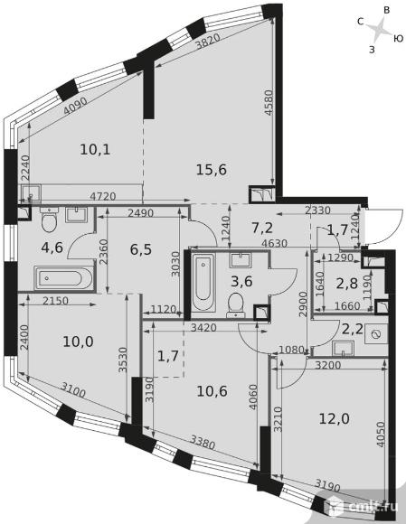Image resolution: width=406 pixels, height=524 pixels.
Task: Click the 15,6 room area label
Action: (x=212, y=170)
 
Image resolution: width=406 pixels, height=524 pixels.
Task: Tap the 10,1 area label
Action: (x=95, y=150)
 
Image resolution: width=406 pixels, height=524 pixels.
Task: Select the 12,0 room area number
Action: (x=334, y=418)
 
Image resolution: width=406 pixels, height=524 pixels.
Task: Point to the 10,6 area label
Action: (x=212, y=391)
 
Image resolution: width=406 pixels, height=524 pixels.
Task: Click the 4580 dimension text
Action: (x=269, y=102)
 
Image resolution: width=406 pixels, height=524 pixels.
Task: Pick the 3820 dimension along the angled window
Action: (x=207, y=42)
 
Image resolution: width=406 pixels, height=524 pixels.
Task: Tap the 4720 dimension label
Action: (x=103, y=196)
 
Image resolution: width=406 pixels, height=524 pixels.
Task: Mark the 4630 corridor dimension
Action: (x=274, y=244)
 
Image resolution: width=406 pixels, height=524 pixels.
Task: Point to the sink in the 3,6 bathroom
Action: (x=241, y=260)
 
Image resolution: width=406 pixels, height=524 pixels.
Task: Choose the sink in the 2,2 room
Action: (x=343, y=348)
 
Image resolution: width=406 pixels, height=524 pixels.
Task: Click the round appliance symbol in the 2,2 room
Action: (x=376, y=334)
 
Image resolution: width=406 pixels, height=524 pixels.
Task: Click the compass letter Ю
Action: (x=398, y=39)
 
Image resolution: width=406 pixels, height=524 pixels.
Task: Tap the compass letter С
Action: (x=360, y=22)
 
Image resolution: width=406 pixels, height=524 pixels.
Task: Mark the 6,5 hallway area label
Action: (x=141, y=249)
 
